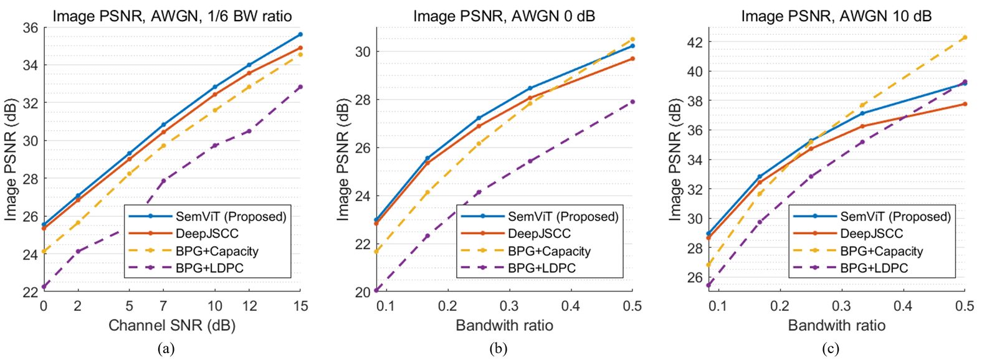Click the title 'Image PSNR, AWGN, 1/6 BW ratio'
pyautogui.click(x=172, y=16)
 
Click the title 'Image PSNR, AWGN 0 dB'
pyautogui.click(x=504, y=16)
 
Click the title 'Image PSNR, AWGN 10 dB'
pyautogui.click(x=836, y=16)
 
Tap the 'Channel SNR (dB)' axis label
pyautogui.click(x=172, y=325)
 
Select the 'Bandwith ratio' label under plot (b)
pyautogui.click(x=504, y=325)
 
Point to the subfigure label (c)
pyautogui.click(x=830, y=349)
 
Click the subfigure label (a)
pyautogui.click(x=166, y=349)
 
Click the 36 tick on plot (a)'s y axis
pyautogui.click(x=31, y=27)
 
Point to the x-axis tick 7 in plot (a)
pyautogui.click(x=163, y=306)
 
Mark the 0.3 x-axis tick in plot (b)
pyautogui.click(x=509, y=306)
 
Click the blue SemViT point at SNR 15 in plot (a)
pyautogui.click(x=300, y=34)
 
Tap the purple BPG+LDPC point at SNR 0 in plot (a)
pyautogui.click(x=44, y=287)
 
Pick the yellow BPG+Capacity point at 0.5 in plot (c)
pyautogui.click(x=965, y=37)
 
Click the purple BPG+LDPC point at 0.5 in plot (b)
pyautogui.click(x=632, y=102)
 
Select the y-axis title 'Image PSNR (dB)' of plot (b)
pyautogui.click(x=343, y=159)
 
